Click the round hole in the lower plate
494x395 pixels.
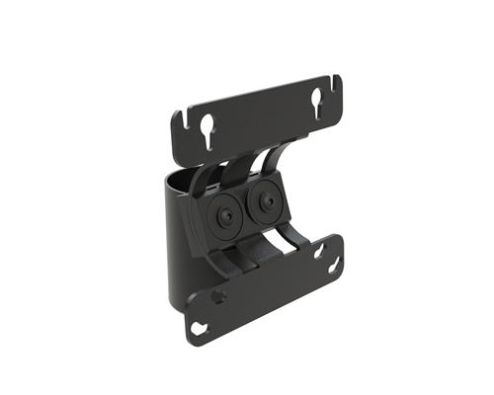point(218,295)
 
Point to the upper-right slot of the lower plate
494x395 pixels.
point(319,251)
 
